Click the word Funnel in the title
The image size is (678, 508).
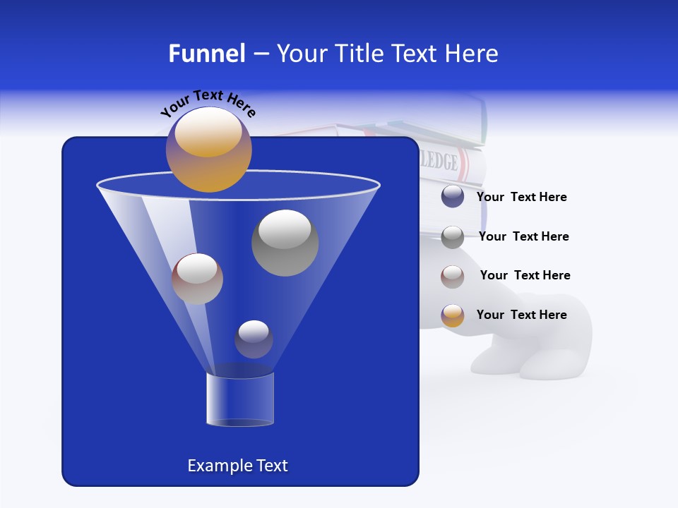(x=207, y=54)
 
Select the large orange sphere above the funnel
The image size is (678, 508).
(x=209, y=149)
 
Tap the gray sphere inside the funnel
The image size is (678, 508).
(x=285, y=242)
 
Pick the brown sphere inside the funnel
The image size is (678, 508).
(x=197, y=279)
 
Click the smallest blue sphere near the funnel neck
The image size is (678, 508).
(x=254, y=339)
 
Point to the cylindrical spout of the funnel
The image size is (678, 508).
(x=240, y=399)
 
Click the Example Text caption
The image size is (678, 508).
(x=237, y=466)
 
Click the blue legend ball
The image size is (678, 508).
(x=453, y=197)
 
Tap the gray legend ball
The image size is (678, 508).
(x=453, y=236)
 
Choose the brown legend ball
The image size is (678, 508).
(x=453, y=276)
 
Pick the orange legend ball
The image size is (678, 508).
(x=453, y=315)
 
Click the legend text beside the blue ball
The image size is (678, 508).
(x=521, y=198)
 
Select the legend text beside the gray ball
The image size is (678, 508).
(x=523, y=236)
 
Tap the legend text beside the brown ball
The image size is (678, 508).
(x=525, y=275)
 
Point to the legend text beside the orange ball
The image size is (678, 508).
(x=521, y=315)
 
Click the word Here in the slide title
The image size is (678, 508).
(x=472, y=54)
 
